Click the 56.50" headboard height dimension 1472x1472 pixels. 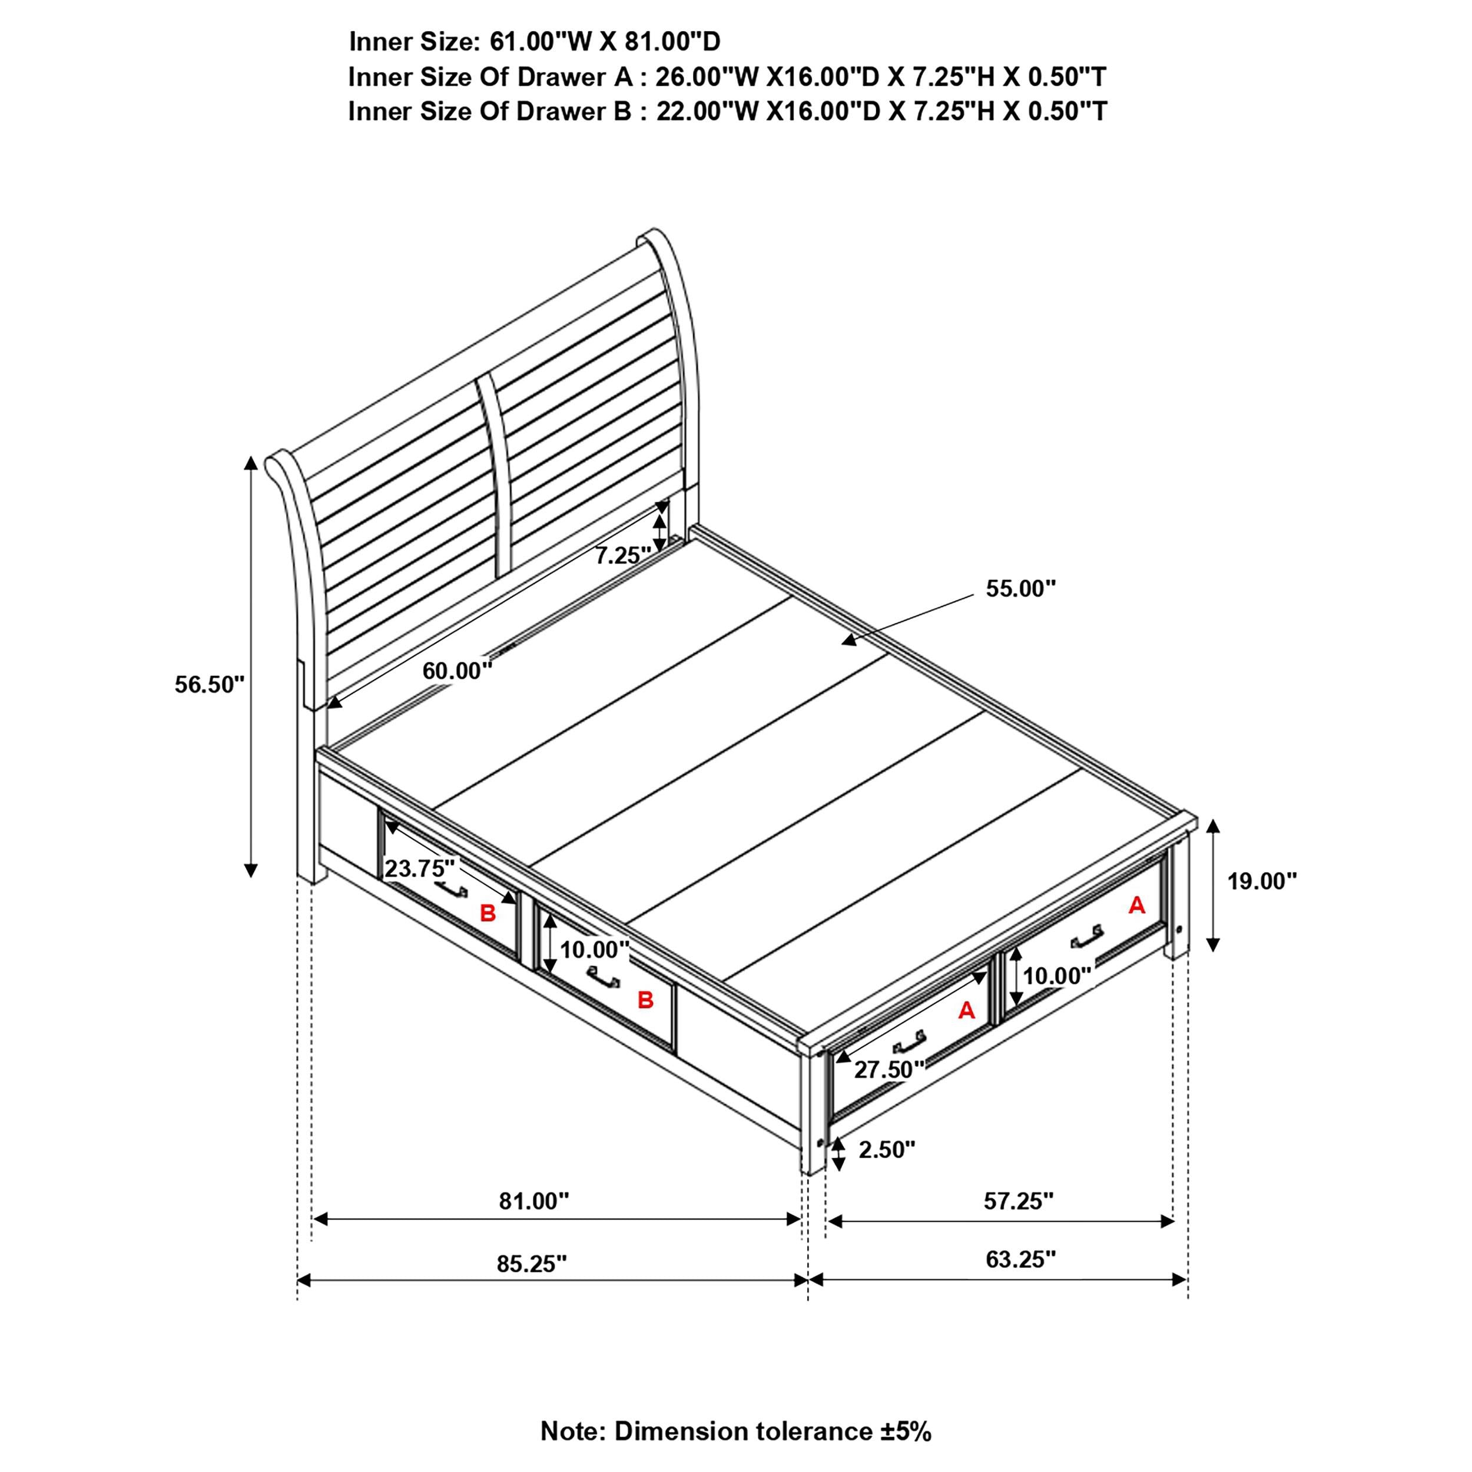(210, 684)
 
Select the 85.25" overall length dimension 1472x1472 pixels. (532, 1264)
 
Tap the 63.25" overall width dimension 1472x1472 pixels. (1021, 1259)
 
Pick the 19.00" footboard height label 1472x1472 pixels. (1262, 881)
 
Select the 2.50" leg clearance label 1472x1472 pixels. (887, 1150)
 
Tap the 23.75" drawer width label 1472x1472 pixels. (420, 868)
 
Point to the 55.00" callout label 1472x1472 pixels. (1021, 588)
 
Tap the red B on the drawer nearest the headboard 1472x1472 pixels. (488, 913)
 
